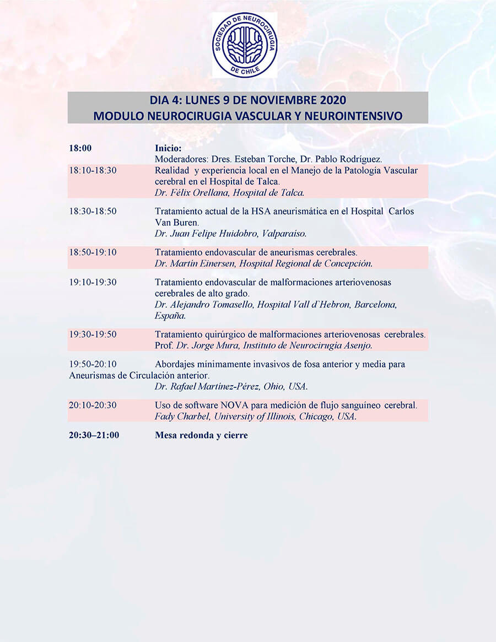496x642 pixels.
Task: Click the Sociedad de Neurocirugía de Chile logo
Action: point(245,45)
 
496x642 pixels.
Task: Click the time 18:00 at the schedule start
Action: point(80,148)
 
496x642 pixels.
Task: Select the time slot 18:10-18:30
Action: point(93,170)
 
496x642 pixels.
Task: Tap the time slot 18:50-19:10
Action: point(93,252)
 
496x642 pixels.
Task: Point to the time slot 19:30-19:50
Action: point(93,335)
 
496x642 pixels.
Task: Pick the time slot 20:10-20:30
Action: point(93,405)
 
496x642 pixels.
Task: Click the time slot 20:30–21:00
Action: point(94,435)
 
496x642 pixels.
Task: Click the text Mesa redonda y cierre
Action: point(201,435)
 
